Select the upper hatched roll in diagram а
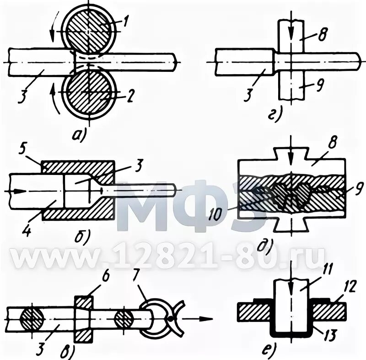click(x=90, y=30)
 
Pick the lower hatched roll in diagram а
click(x=90, y=93)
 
